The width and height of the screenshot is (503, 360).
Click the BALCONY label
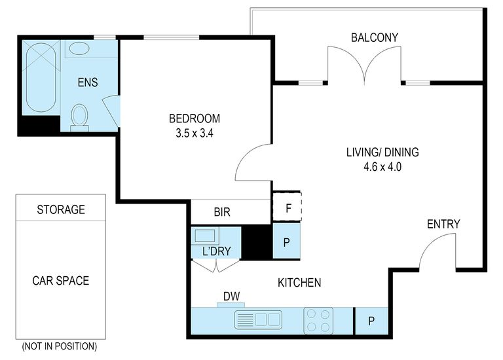coord(375,37)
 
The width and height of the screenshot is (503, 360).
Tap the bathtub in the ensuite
coord(41,77)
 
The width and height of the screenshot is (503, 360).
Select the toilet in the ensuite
coord(79,118)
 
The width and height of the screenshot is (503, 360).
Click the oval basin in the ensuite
coord(79,49)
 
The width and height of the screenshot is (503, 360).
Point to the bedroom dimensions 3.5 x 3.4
coord(195,133)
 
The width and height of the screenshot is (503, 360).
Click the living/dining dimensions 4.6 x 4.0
coord(382,167)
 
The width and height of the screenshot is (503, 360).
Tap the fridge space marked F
coord(287,207)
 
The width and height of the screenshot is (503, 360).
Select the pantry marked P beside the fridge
coord(286,242)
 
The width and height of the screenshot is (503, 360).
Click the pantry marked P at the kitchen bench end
coord(371,321)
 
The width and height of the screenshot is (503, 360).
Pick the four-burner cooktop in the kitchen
coord(318,321)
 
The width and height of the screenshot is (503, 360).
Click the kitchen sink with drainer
coord(258,319)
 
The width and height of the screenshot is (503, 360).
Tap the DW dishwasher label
coord(231,297)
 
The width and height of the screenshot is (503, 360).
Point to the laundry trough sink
coord(205,236)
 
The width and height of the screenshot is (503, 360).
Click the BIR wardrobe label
coord(222,212)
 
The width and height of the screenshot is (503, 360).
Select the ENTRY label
coord(443,224)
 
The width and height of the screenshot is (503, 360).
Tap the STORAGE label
coord(61,209)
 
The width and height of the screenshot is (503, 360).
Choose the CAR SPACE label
coord(61,281)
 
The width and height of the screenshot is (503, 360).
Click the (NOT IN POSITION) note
coord(60,346)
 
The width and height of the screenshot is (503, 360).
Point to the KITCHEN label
coord(299,282)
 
